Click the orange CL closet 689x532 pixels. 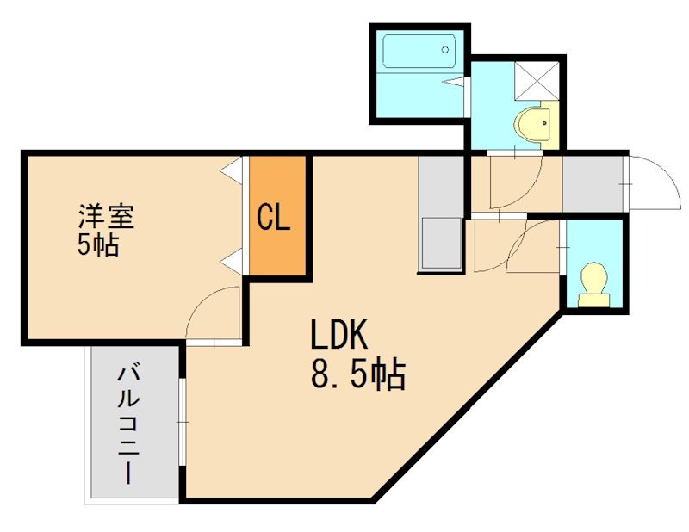(x=276, y=217)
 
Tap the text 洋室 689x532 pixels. (x=107, y=214)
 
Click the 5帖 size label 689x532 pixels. (x=97, y=246)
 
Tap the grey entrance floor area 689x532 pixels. (x=593, y=183)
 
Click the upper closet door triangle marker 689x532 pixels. (x=232, y=172)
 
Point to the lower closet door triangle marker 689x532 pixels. (x=232, y=258)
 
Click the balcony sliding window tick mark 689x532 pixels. (x=183, y=422)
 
